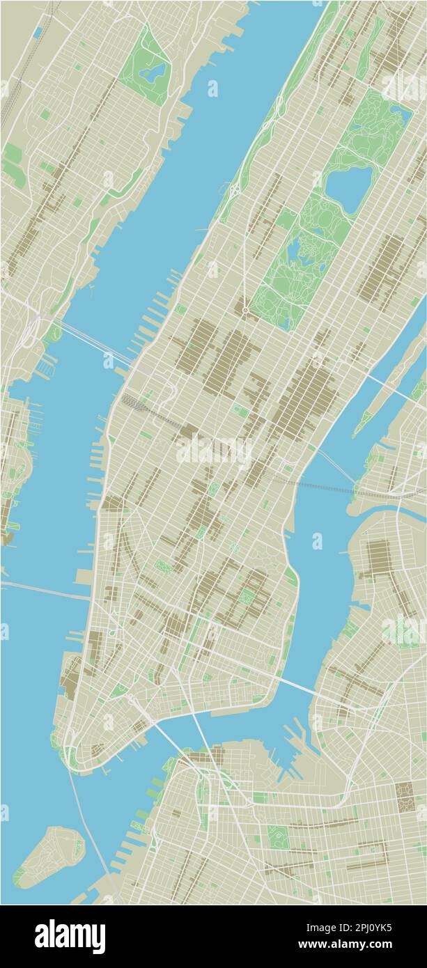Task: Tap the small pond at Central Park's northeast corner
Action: pos(400,111)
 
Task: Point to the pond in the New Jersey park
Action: pos(153,72)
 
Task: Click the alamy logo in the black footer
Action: pos(70,937)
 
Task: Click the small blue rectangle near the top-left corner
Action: pos(36,33)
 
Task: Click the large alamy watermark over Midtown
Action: pos(213,451)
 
